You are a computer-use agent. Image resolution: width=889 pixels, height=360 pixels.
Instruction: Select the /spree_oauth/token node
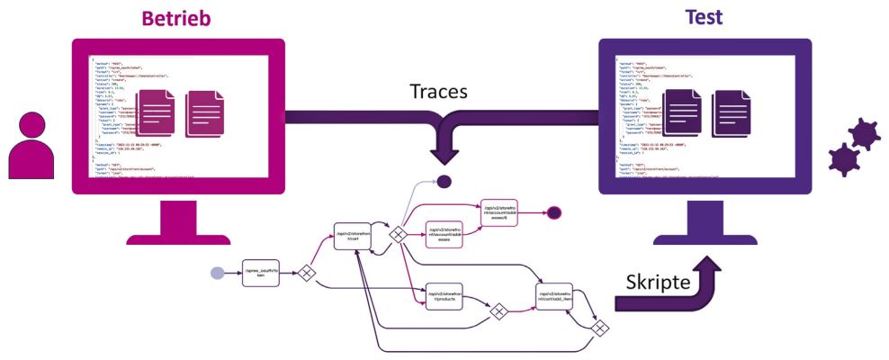[263, 273]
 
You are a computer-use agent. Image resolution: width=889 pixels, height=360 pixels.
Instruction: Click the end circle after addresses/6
[554, 213]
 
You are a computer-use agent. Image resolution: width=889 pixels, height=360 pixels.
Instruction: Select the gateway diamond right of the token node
[306, 273]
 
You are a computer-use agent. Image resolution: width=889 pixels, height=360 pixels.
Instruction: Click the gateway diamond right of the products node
[497, 310]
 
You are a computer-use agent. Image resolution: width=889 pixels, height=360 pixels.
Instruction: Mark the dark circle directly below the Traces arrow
[443, 183]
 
